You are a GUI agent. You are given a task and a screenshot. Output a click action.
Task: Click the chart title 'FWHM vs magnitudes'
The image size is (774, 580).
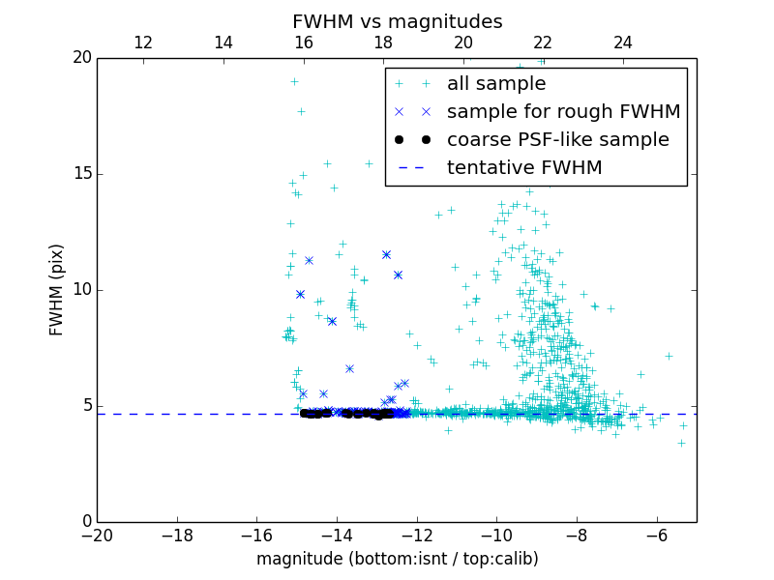pos(397,21)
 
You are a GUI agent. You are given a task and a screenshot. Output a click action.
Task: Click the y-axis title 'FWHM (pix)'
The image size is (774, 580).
pos(57,290)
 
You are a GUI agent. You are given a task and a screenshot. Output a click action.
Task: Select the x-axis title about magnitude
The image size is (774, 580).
pos(397,559)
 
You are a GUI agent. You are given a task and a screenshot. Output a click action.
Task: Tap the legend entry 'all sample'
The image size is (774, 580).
pos(496,84)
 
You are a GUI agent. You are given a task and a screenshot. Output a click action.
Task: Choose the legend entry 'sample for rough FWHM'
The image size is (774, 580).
pos(563,112)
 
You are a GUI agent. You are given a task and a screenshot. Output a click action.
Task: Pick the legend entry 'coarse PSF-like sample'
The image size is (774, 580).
pos(557,140)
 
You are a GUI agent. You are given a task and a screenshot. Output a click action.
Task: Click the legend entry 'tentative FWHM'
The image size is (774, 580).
pos(524,168)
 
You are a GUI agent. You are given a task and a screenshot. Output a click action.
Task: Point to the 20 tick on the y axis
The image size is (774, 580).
pos(81,58)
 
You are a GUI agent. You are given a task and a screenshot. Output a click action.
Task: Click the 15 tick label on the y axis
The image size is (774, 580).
pos(81,174)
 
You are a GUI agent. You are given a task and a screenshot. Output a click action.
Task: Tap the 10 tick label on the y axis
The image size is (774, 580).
pos(81,290)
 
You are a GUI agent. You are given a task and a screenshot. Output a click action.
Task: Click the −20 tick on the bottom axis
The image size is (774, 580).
pos(97,535)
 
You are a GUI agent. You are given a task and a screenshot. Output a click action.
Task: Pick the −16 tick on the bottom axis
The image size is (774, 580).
pos(256,535)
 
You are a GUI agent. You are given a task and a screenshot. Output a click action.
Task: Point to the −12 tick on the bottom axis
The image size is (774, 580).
pos(417,535)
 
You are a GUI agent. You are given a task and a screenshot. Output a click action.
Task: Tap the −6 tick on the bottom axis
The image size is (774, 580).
pos(657,535)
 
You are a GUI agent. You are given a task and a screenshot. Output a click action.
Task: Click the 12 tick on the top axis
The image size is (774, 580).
pos(143,43)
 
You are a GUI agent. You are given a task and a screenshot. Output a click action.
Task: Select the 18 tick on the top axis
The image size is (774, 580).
pos(383,43)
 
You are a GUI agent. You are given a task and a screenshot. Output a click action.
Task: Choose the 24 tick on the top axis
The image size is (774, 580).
pos(623,43)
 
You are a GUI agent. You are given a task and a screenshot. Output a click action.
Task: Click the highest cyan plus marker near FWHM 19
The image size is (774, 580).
pos(294,81)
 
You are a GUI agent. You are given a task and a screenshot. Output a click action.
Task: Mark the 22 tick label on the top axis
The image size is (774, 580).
pos(543,43)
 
